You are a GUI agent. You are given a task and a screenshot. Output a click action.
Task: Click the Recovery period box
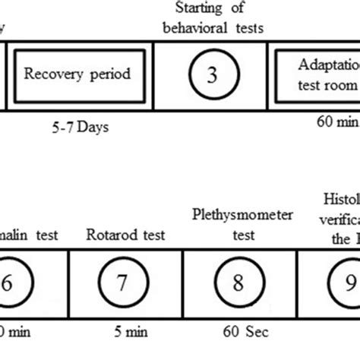point(77,74)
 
